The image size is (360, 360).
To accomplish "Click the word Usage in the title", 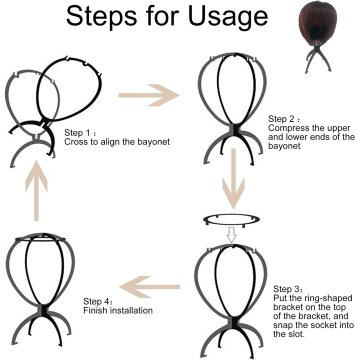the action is [x=228, y=16].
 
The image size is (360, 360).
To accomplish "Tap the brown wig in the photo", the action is [x=317, y=22].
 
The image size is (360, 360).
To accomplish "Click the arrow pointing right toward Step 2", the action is [x=149, y=95].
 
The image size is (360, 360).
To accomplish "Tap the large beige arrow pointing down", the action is [x=233, y=179].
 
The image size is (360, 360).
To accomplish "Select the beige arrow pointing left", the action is [x=150, y=287].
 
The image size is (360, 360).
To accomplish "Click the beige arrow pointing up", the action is [x=36, y=190].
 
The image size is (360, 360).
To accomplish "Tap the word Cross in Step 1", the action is [x=74, y=142].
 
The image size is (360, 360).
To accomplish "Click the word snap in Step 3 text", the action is [x=283, y=325].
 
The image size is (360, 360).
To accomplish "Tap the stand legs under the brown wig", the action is [x=318, y=59].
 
